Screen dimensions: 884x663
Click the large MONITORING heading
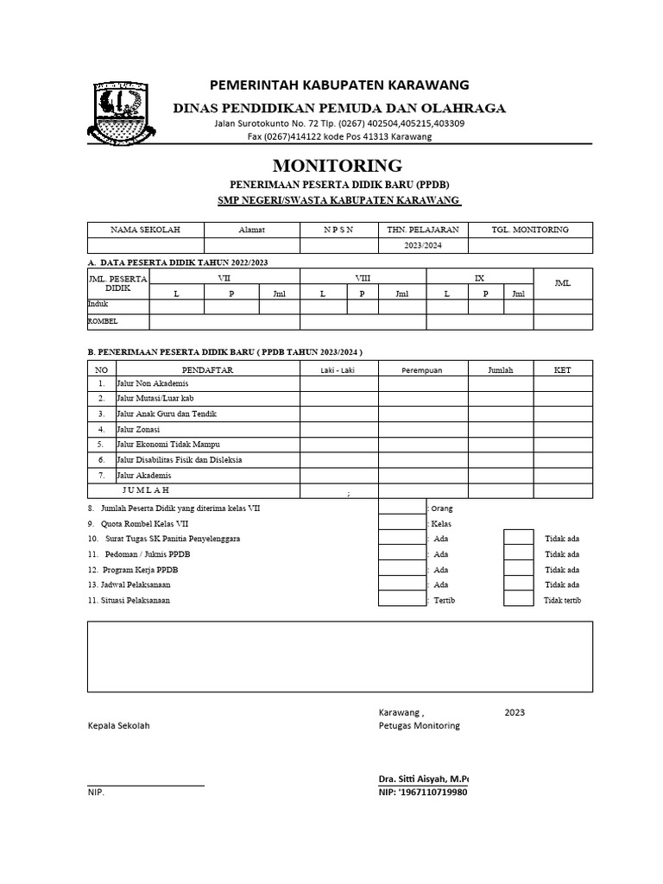pyautogui.click(x=338, y=165)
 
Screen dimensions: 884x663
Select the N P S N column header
pyautogui.click(x=338, y=230)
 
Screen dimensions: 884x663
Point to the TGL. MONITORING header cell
pyautogui.click(x=530, y=230)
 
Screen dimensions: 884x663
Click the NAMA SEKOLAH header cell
pyautogui.click(x=144, y=230)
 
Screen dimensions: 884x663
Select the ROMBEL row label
pyautogui.click(x=103, y=321)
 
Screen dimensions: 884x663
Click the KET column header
pyautogui.click(x=562, y=369)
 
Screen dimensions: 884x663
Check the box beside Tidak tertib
pyautogui.click(x=519, y=600)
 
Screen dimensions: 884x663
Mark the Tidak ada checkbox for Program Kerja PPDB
pyautogui.click(x=519, y=569)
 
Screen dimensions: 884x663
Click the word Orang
pyautogui.click(x=442, y=509)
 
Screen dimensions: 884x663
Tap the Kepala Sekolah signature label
pyautogui.click(x=118, y=726)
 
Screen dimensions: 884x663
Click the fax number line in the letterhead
pyautogui.click(x=339, y=137)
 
